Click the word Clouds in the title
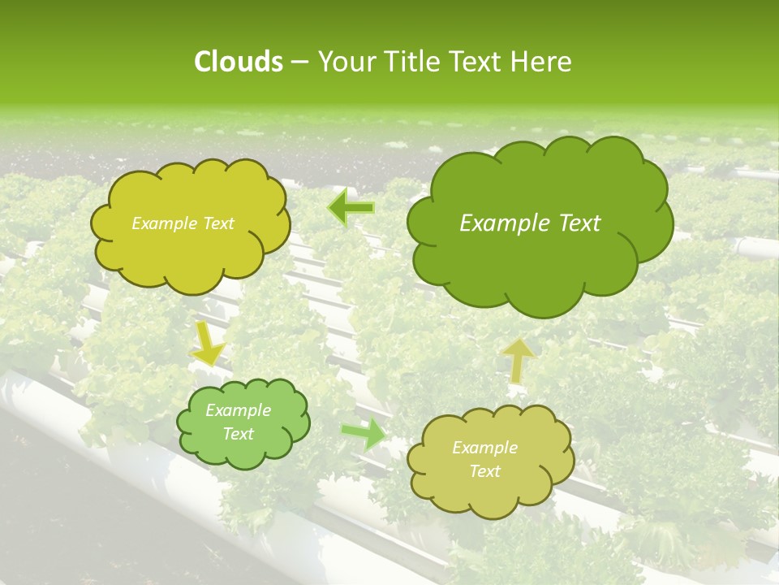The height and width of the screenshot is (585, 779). (x=238, y=62)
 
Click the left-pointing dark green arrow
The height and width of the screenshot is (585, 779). (x=351, y=208)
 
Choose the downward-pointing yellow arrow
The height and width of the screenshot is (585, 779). (x=208, y=345)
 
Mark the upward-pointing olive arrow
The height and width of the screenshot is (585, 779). (x=518, y=359)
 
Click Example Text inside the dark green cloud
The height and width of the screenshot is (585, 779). (x=530, y=223)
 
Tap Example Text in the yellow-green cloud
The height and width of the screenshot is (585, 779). (x=183, y=223)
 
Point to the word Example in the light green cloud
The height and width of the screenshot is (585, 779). (x=238, y=410)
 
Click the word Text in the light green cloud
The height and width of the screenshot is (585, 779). (x=238, y=434)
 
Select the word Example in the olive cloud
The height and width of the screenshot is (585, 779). (x=484, y=448)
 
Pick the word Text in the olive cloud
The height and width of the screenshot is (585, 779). (x=484, y=471)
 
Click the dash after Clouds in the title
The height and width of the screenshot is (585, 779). (x=299, y=62)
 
